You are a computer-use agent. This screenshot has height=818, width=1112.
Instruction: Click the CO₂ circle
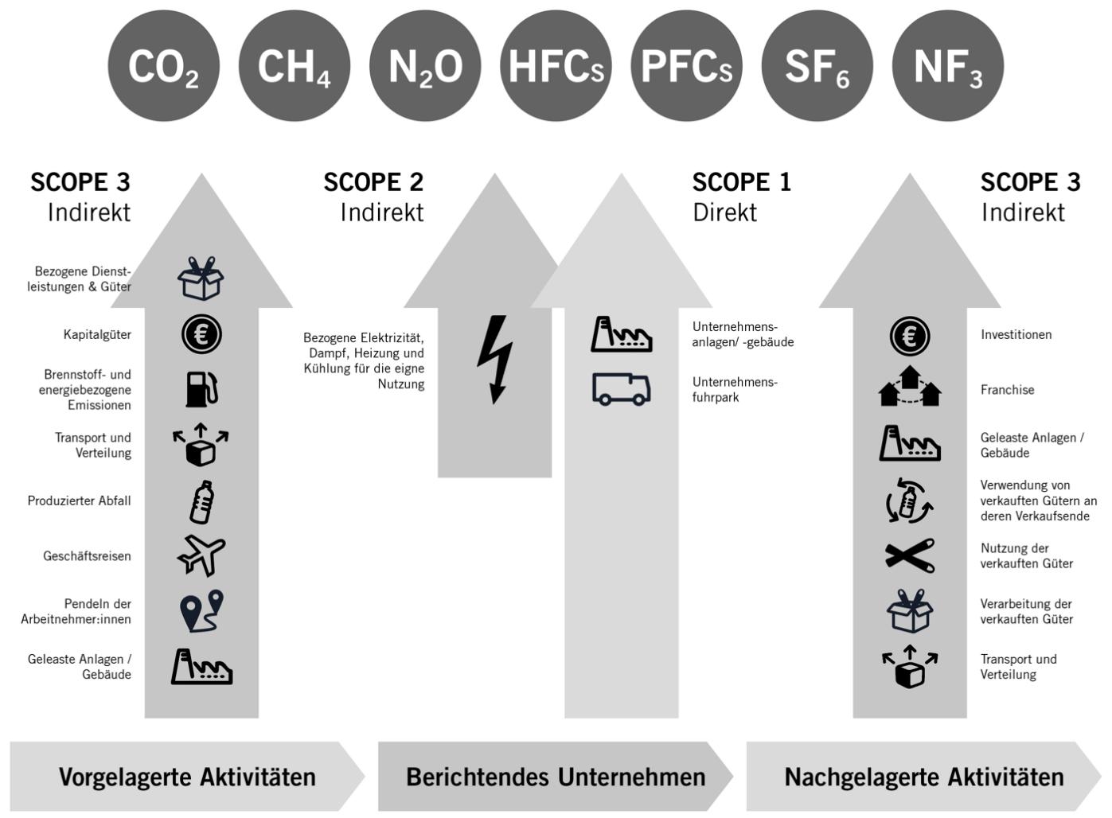163,66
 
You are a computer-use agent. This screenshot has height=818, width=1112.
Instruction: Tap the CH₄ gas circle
294,66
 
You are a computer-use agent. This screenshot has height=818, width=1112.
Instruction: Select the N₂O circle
425,66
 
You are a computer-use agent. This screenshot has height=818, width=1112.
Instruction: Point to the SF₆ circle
817,66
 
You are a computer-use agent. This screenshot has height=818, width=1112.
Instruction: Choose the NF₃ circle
947,66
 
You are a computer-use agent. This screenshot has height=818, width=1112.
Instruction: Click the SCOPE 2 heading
373,182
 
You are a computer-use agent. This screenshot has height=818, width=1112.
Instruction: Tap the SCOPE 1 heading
741,182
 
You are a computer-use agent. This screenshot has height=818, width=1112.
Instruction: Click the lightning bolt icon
495,360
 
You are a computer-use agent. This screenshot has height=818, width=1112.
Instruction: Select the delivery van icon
621,389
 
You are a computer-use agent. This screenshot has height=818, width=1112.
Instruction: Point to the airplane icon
201,555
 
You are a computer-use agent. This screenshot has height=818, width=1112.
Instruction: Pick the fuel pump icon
201,389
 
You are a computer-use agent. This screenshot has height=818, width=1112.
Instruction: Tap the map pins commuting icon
201,611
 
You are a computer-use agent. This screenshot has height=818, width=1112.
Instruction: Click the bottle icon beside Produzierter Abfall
201,502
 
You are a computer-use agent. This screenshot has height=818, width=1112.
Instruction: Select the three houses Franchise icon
910,387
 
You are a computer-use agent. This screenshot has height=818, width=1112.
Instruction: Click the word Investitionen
1016,335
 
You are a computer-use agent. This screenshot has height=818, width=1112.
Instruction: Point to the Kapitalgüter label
97,335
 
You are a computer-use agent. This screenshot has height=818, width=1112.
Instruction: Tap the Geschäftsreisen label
87,556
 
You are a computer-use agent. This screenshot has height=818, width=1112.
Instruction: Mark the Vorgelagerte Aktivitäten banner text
187,777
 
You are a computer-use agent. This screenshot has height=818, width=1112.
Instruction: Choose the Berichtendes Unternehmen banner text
556,777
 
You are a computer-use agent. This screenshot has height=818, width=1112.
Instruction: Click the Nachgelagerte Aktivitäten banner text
923,777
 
